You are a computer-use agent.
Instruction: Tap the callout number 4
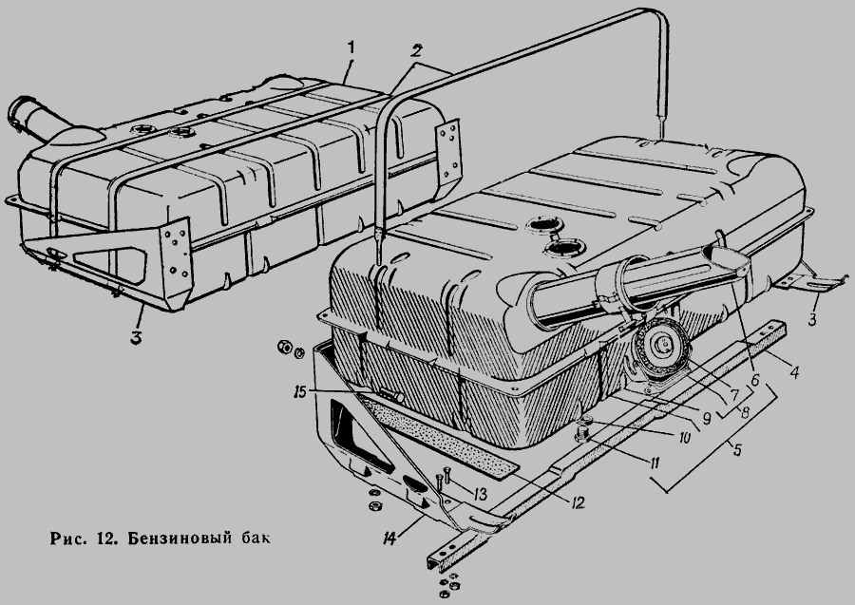pyautogui.click(x=795, y=373)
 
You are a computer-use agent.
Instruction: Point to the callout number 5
pyautogui.click(x=737, y=450)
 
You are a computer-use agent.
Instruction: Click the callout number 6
pyautogui.click(x=754, y=380)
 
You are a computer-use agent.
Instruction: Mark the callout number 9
pyautogui.click(x=706, y=418)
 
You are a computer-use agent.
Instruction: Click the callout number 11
pyautogui.click(x=653, y=463)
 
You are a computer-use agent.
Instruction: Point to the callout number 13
pyautogui.click(x=479, y=494)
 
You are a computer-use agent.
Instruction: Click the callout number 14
pyautogui.click(x=389, y=538)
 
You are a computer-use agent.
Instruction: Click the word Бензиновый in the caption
pyautogui.click(x=178, y=539)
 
